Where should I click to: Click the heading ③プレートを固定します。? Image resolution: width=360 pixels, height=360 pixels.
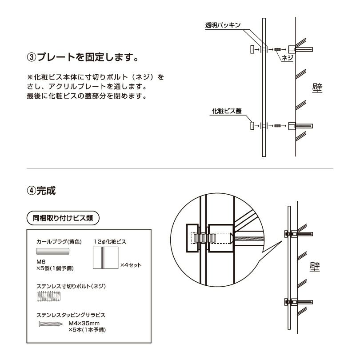click(82, 57)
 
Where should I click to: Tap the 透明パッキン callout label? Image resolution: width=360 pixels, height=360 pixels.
click(223, 26)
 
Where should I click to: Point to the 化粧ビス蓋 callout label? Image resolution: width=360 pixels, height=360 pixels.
click(227, 111)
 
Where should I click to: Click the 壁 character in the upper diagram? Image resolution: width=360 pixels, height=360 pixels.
click(317, 87)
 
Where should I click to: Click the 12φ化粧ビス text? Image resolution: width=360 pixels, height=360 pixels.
click(110, 242)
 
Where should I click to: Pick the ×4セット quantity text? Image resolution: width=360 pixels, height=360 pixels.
click(131, 265)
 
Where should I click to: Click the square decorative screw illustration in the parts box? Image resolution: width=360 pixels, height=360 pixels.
click(106, 258)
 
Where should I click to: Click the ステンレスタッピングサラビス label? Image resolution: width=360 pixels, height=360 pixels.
click(71, 315)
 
